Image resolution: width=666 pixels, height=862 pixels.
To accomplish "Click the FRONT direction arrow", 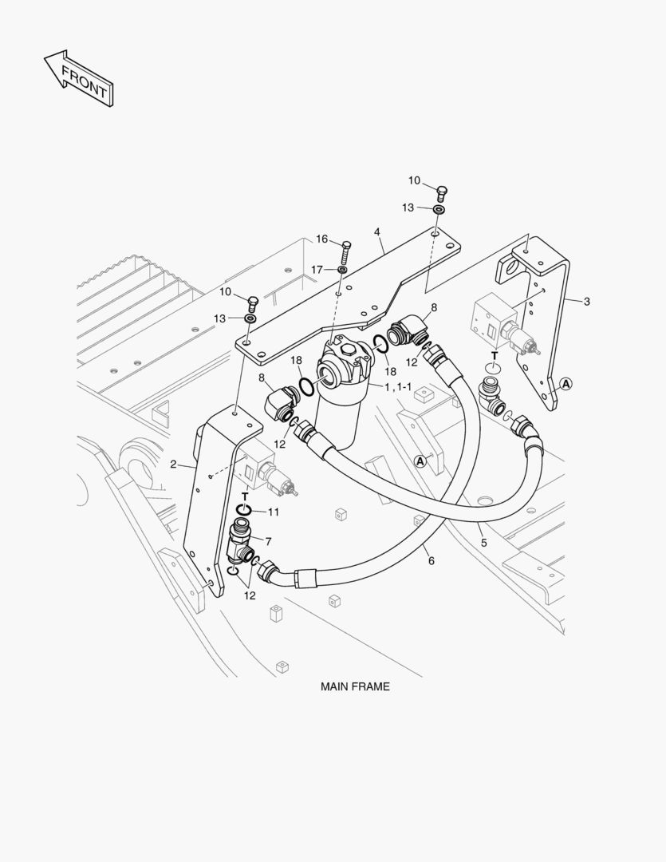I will click(78, 78).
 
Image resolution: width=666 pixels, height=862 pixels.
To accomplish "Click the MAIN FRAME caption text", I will click(355, 686).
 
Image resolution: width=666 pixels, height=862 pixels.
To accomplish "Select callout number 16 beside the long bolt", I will click(321, 239).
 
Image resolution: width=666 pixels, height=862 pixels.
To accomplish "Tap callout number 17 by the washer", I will click(317, 269).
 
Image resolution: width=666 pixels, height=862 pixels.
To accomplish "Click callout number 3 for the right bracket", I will click(587, 301).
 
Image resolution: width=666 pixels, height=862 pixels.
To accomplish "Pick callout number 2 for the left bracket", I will click(173, 464).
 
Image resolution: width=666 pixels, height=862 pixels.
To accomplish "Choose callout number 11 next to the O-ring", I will click(274, 512).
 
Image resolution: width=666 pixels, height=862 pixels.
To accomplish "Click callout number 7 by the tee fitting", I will click(268, 541).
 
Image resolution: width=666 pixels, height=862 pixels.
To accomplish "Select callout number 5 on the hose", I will click(483, 543).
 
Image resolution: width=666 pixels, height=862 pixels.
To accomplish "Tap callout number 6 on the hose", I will click(431, 561).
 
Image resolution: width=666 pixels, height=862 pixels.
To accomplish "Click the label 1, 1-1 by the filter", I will click(398, 387).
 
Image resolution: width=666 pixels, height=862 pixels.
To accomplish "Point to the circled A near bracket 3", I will click(566, 384).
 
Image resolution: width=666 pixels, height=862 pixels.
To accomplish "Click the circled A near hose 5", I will click(420, 461).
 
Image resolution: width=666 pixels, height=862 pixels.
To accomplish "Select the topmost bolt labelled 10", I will click(443, 191).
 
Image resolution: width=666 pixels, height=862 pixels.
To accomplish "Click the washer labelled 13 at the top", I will click(439, 209).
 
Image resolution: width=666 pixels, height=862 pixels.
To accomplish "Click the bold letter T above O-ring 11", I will click(244, 497).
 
